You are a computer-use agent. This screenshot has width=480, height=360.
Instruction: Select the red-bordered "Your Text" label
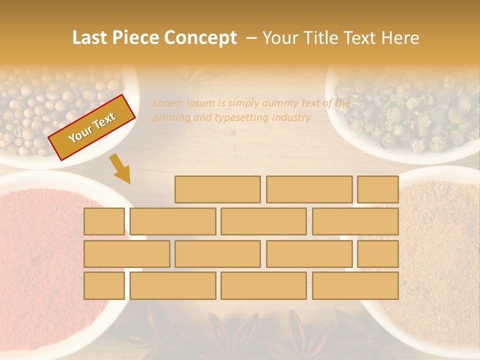92,127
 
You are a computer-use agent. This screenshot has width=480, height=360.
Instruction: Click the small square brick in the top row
378,189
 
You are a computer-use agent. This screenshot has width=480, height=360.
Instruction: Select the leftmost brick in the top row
217,189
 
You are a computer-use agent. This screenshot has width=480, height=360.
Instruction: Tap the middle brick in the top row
309,189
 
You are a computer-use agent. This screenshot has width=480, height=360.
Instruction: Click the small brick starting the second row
104,221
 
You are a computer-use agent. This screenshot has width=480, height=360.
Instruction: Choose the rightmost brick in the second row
355,221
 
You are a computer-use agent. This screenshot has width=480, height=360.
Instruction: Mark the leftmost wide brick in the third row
126,254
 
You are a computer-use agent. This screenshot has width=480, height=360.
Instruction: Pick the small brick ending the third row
378,254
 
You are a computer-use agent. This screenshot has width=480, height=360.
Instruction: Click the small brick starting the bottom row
104,286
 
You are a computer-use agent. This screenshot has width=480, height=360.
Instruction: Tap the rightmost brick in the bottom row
355,286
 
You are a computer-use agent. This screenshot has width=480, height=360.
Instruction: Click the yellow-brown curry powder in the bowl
440,240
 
